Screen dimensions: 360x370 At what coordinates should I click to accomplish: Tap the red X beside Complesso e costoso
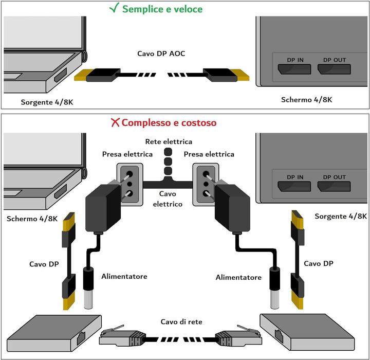[115, 123]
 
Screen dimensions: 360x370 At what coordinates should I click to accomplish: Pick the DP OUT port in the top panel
[335, 68]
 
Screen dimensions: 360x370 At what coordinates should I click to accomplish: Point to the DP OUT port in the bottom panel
[335, 186]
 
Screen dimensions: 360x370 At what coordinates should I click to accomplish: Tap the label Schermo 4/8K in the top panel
[306, 99]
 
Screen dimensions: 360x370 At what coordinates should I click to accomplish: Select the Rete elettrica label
[169, 141]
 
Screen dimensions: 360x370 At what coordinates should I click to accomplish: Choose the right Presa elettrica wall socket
[206, 183]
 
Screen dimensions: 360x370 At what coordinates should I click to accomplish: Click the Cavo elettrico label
[168, 199]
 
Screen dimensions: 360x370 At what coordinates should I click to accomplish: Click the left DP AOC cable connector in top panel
[97, 76]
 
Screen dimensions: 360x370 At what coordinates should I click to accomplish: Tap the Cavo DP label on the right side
[319, 263]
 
